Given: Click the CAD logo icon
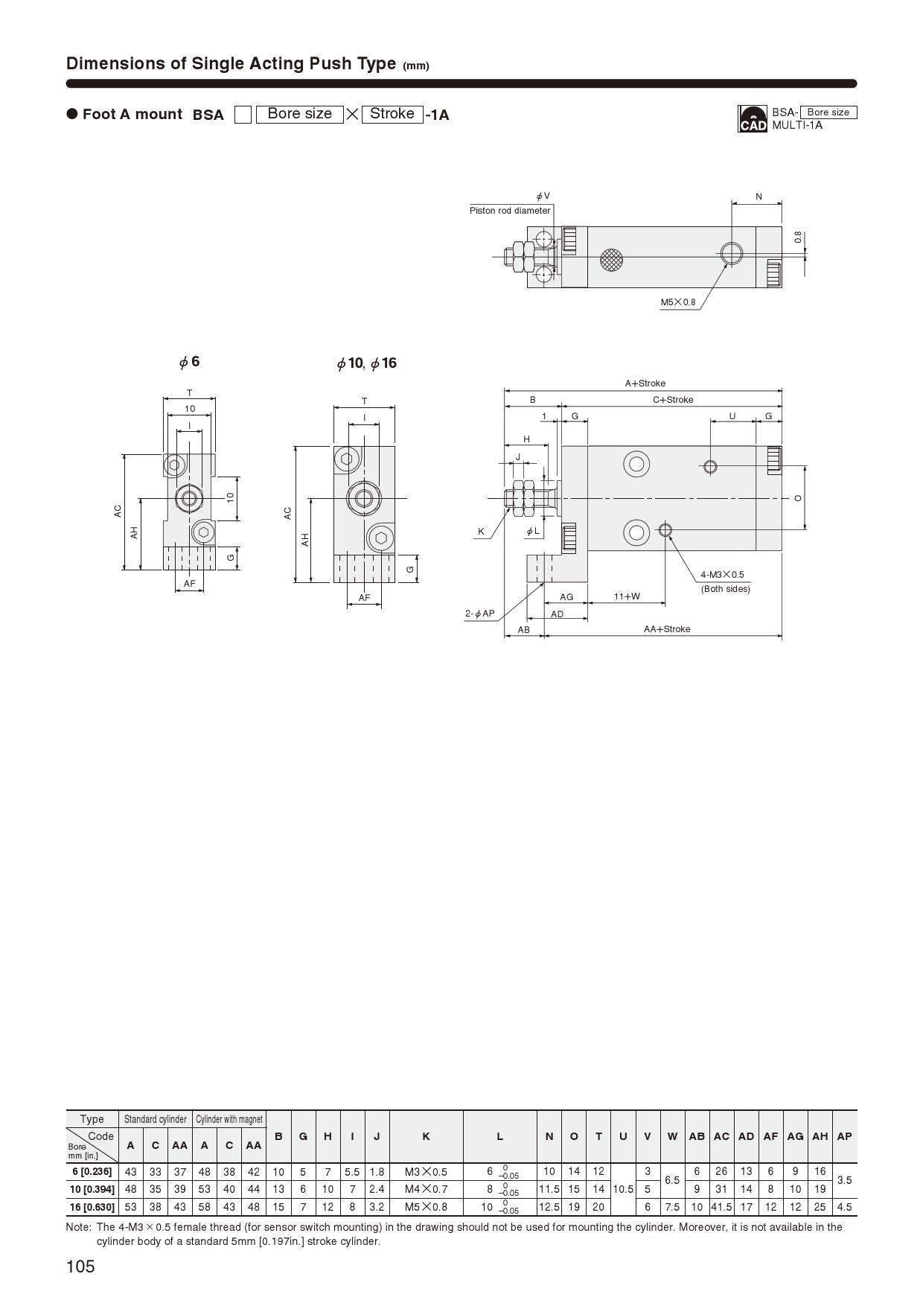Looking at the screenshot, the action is coord(752,118).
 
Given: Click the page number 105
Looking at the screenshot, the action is coord(80,1267).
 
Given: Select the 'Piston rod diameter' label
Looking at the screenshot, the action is coord(510,211).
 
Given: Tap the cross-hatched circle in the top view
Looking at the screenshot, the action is coord(612,258).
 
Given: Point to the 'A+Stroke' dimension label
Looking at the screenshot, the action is coord(645,383).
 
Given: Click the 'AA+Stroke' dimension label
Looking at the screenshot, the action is coord(667,629).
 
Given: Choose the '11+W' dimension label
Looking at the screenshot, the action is coord(627,596).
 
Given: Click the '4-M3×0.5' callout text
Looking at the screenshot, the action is coord(722,575).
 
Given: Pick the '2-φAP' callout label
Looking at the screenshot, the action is coord(480,614).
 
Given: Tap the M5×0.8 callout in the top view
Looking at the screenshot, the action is coord(678,302).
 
